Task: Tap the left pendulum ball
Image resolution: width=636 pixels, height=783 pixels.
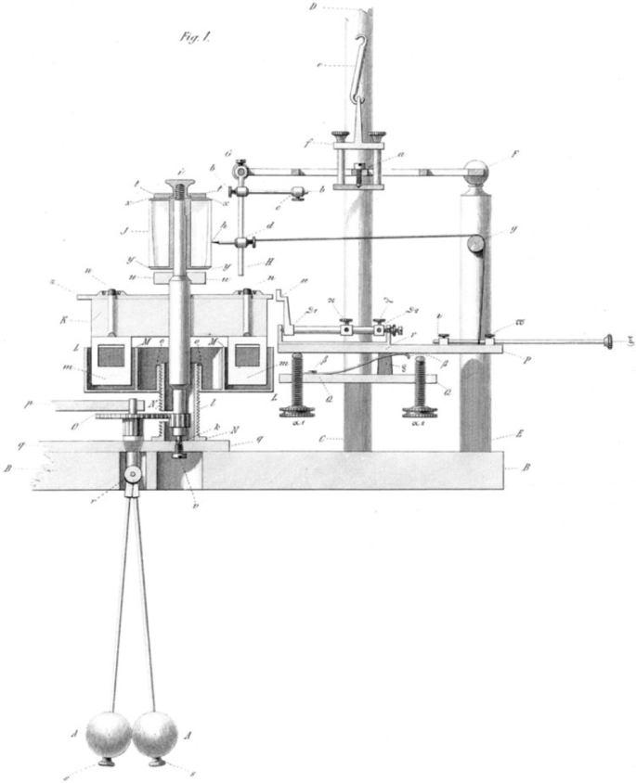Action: click(109, 735)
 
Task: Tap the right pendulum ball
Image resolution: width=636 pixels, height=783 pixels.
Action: click(154, 735)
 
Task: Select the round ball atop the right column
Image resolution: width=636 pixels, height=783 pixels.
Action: click(476, 172)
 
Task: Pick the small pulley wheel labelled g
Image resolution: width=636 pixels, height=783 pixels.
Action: click(475, 244)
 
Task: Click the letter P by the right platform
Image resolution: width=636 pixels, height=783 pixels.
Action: click(526, 361)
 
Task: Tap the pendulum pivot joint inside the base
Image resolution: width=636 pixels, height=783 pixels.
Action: click(133, 474)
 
